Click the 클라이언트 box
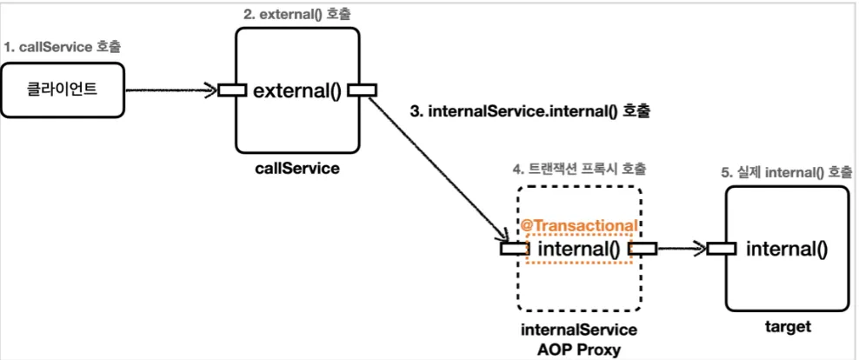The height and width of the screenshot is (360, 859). [59, 89]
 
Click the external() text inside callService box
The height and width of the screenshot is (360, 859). [298, 89]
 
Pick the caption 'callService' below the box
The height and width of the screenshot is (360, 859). [298, 168]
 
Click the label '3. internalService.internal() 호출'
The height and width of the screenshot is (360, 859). [529, 112]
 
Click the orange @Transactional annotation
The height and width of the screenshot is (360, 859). [578, 225]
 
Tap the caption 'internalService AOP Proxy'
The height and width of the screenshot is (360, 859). [578, 340]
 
